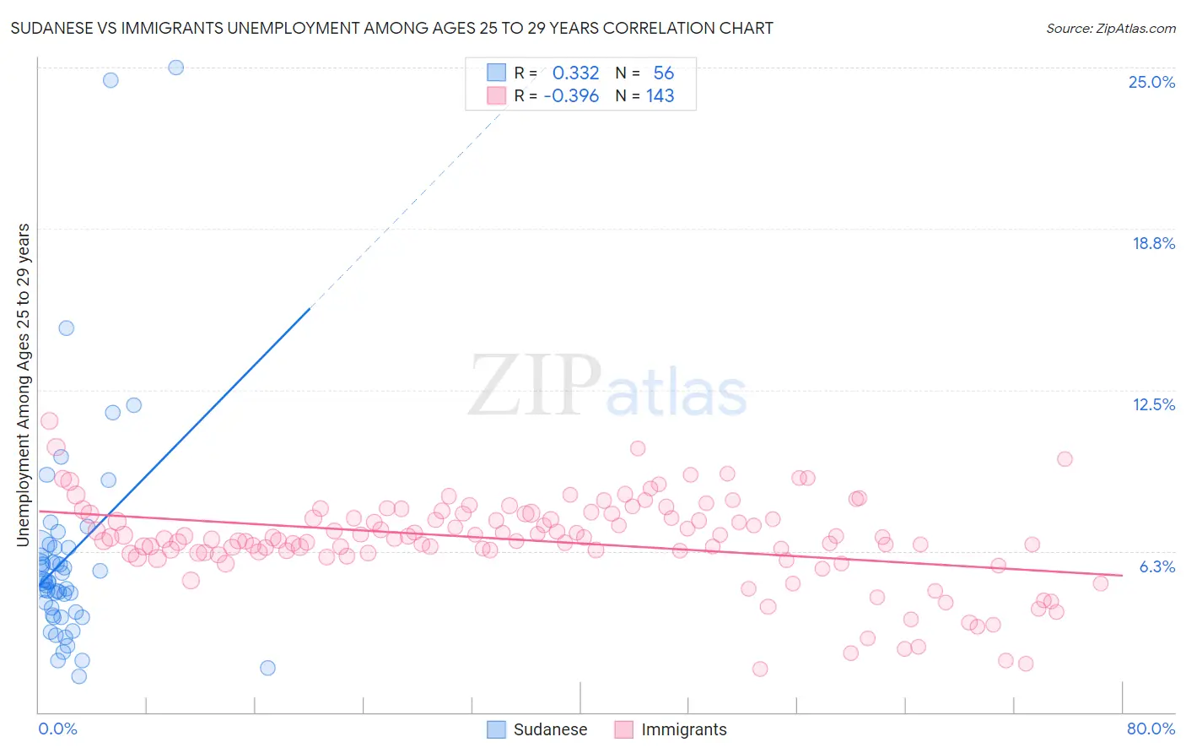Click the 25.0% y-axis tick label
pos(1151,82)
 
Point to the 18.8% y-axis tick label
pos(1153,243)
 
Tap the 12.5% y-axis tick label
pos(1153,404)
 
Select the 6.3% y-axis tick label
pos(1156,566)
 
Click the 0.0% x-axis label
pos(57,729)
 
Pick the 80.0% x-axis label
pos(1151,729)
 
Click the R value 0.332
pos(575,73)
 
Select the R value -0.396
pos(571,96)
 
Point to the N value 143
pos(660,96)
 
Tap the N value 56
pos(663,73)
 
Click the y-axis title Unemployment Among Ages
pos(24,384)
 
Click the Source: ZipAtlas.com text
pos(1110,29)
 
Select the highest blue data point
pos(175,68)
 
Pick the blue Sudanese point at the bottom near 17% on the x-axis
pos(267,668)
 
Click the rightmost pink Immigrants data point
pos(1100,583)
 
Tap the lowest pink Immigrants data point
pos(760,669)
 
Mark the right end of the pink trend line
pos(1122,575)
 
